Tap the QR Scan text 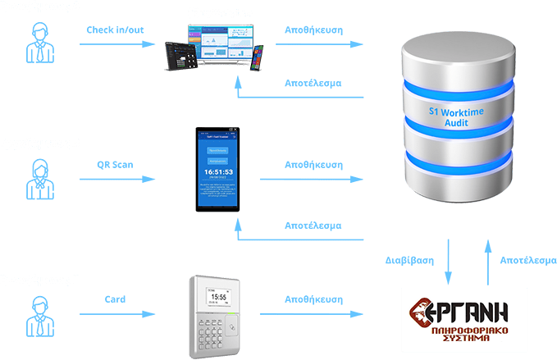[114, 164]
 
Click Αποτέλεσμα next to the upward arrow [528, 261]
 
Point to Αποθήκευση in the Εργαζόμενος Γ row [312, 299]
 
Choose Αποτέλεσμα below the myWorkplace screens [312, 84]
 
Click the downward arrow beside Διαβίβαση [448, 261]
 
